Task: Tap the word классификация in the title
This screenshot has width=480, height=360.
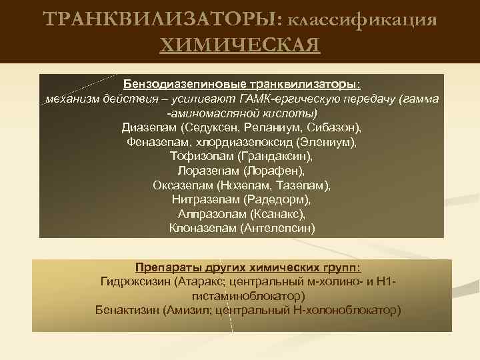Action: pos(364,20)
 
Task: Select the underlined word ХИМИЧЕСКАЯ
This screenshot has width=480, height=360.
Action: pos(240,45)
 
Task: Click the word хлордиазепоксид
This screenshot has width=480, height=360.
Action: pos(237,142)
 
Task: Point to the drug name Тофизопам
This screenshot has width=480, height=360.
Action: pos(201,156)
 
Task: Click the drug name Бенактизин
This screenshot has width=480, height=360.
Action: pos(126,310)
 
